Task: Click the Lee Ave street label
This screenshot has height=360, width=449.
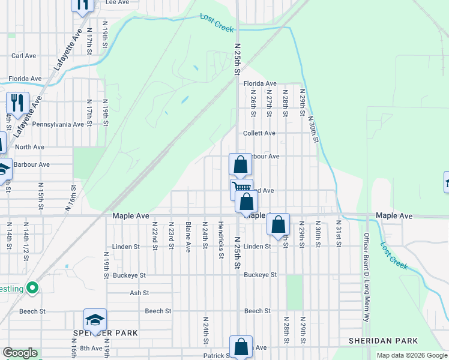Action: (x=118, y=2)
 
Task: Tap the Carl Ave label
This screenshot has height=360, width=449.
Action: (x=25, y=56)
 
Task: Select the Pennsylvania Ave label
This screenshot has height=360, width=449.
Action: (x=58, y=125)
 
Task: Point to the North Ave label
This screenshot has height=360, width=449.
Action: (x=30, y=147)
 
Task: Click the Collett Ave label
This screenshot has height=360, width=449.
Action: (x=259, y=133)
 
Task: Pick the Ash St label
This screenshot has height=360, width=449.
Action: (x=139, y=293)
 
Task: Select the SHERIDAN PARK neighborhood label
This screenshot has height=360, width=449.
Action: (x=383, y=340)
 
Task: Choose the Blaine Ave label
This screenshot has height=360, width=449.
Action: (x=188, y=237)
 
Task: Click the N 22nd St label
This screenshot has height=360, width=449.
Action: (x=155, y=235)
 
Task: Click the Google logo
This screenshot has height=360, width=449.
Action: (x=20, y=353)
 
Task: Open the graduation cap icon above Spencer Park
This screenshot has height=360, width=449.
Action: (x=95, y=322)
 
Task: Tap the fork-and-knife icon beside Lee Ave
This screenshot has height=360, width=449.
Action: (x=82, y=5)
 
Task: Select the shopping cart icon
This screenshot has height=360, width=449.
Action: (x=241, y=189)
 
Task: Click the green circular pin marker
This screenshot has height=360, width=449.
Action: (x=32, y=289)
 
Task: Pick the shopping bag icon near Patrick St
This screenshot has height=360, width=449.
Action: (x=241, y=347)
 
